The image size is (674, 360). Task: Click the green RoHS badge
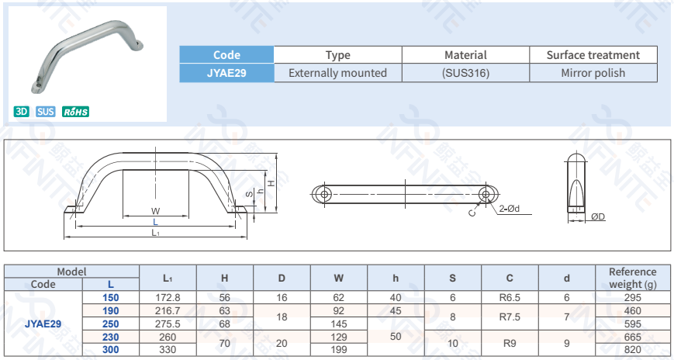click(76, 112)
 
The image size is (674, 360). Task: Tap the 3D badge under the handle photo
click(22, 112)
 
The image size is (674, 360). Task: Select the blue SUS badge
click(46, 112)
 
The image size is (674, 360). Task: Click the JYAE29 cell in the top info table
click(226, 73)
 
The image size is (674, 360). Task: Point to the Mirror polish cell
click(593, 73)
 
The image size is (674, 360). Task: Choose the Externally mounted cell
click(337, 73)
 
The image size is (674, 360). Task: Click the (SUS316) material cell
click(465, 73)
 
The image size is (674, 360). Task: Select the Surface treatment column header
click(593, 55)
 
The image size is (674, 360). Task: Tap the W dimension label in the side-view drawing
click(155, 211)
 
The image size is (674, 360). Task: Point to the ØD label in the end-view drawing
click(597, 216)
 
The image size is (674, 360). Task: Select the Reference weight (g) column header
click(632, 278)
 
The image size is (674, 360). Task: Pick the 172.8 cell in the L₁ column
click(168, 297)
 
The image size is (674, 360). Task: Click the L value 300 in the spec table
click(111, 350)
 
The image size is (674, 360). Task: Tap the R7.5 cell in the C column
click(510, 317)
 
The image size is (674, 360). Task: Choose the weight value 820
click(632, 350)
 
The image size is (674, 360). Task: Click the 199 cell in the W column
click(339, 350)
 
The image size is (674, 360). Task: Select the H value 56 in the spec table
click(225, 297)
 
